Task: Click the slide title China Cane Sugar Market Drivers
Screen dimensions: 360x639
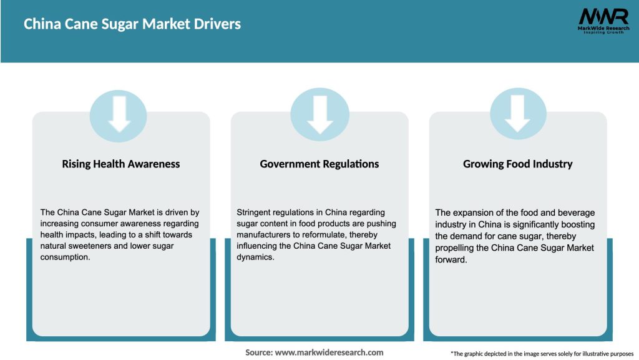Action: (x=132, y=24)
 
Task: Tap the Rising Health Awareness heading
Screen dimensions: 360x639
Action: (x=121, y=164)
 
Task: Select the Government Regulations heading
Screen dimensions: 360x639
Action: (x=319, y=164)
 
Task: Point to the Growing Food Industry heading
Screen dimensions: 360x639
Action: (x=518, y=164)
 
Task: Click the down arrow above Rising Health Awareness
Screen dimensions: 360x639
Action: (x=119, y=114)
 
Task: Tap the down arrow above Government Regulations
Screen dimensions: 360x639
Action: (x=320, y=114)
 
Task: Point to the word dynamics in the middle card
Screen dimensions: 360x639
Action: (x=256, y=257)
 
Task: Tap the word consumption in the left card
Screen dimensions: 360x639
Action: (x=66, y=257)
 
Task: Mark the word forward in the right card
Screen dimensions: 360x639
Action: (x=451, y=259)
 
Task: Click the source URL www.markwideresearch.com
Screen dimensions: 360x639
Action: (x=329, y=352)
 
